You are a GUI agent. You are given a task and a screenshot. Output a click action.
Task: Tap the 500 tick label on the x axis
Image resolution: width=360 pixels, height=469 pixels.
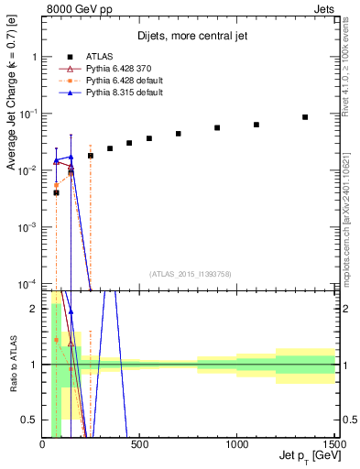[139, 446]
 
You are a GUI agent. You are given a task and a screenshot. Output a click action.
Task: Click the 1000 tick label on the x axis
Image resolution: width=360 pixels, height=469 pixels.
[237, 446]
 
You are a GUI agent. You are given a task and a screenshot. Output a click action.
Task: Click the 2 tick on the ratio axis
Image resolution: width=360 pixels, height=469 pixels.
[35, 309]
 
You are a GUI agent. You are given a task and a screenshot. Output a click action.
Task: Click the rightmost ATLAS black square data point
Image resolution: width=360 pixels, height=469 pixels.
[305, 117]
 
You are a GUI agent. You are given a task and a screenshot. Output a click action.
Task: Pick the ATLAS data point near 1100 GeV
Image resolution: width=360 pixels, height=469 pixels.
[256, 125]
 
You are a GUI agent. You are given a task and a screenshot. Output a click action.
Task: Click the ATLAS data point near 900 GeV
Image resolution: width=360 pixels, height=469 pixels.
[217, 128]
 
